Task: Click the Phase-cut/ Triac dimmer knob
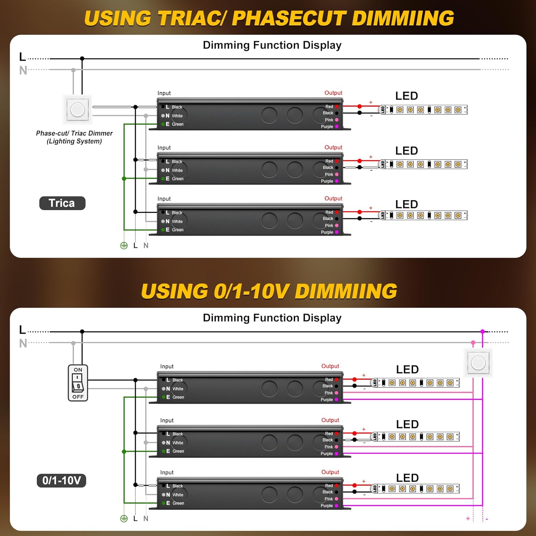pyautogui.click(x=78, y=109)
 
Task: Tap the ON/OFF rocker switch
pyautogui.click(x=78, y=383)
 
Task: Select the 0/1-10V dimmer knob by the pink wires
pyautogui.click(x=478, y=363)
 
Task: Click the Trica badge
pyautogui.click(x=62, y=203)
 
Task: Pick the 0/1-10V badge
pyautogui.click(x=61, y=481)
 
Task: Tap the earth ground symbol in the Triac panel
pyautogui.click(x=124, y=245)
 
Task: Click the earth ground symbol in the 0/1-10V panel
pyautogui.click(x=124, y=518)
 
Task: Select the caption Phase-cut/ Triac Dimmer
pyautogui.click(x=74, y=133)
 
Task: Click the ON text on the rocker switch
pyautogui.click(x=78, y=370)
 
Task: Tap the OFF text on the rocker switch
pyautogui.click(x=78, y=397)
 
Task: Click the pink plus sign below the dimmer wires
pyautogui.click(x=468, y=518)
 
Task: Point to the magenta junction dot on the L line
pyautogui.click(x=482, y=332)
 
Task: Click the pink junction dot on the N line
pyautogui.click(x=473, y=343)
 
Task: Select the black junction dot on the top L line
pyautogui.click(x=82, y=58)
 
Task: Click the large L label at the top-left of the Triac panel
pyautogui.click(x=23, y=57)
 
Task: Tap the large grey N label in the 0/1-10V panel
pyautogui.click(x=23, y=343)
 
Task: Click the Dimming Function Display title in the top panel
pyautogui.click(x=272, y=45)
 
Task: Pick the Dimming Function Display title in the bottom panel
pyautogui.click(x=272, y=318)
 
